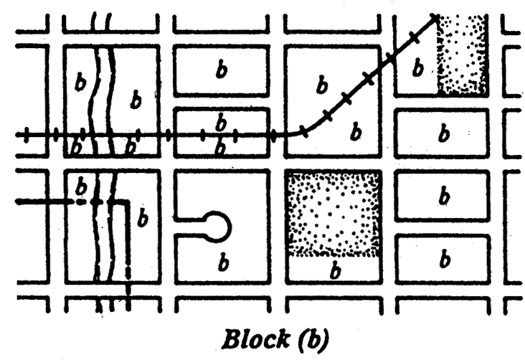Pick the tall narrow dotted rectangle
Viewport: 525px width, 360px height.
463,55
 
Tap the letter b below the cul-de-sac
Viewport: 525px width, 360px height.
222,263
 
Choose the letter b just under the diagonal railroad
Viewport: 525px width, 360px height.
356,131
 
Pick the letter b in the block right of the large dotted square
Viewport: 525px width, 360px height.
444,194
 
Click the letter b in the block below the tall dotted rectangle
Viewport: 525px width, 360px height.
444,133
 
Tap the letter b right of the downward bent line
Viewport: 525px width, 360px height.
143,219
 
